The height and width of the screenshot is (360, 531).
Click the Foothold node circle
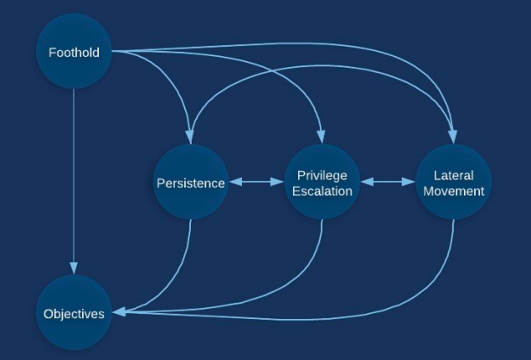tap(74, 52)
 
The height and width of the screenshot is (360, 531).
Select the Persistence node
tap(190, 183)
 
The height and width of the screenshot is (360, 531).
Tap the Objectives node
tap(74, 314)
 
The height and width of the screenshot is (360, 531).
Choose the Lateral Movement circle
tap(453, 183)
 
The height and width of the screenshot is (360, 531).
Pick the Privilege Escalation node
tap(322, 183)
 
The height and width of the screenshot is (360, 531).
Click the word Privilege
tap(322, 175)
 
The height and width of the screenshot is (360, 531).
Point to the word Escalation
tap(322, 191)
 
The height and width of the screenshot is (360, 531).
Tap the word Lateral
tap(453, 175)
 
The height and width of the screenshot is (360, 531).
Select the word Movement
tap(453, 191)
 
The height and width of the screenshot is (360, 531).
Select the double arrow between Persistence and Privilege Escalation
tap(256, 183)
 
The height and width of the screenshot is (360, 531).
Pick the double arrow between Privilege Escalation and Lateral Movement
tap(388, 183)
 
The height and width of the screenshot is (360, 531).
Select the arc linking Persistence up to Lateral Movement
tap(318, 61)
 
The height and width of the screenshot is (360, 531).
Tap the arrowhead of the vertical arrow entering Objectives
tap(74, 270)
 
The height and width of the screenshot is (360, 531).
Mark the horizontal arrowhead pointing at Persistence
tap(234, 183)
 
